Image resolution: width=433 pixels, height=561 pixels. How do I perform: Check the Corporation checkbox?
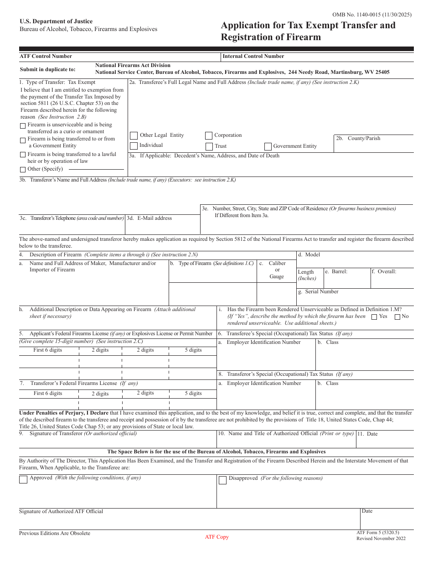pyautogui.click(x=209, y=135)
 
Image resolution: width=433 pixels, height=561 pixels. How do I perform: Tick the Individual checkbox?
pyautogui.click(x=134, y=146)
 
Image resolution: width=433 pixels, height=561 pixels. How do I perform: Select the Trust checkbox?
pyautogui.click(x=209, y=146)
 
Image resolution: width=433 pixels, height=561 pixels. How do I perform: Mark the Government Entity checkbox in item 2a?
pyautogui.click(x=268, y=146)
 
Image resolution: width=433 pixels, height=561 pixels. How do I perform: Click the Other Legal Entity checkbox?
pyautogui.click(x=134, y=135)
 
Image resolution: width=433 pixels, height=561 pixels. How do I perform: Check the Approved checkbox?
pyautogui.click(x=23, y=479)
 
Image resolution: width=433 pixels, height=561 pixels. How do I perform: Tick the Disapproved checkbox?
pyautogui.click(x=222, y=480)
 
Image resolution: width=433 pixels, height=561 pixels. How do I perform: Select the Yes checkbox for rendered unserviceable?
pyautogui.click(x=374, y=317)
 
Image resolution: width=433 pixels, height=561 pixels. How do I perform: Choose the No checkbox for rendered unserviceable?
pyautogui.click(x=397, y=317)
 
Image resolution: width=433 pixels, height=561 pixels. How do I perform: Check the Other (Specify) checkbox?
pyautogui.click(x=23, y=169)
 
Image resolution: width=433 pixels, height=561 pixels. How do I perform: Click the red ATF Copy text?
pyautogui.click(x=216, y=537)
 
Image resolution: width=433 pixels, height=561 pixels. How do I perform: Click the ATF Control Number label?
pyautogui.click(x=46, y=57)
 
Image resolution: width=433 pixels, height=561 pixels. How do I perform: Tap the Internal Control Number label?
pyautogui.click(x=253, y=57)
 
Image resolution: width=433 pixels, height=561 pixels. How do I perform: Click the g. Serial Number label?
pyautogui.click(x=318, y=291)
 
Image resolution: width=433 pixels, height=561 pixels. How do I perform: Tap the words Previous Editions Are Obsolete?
pyautogui.click(x=55, y=533)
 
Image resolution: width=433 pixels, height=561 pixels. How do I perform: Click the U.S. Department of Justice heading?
pyautogui.click(x=56, y=21)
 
